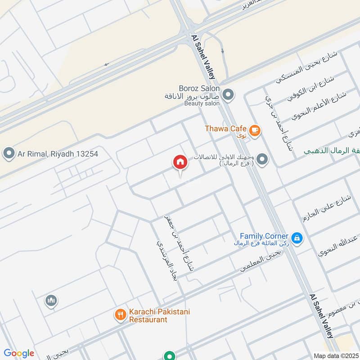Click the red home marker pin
pos(180,162)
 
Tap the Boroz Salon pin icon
pos(229,95)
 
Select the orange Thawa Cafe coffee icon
pos(255,130)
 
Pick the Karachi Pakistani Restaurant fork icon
pos(120,315)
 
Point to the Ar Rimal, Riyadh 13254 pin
pos(9,154)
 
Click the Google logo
pos(19,353)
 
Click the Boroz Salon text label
pos(198,88)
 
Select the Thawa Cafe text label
pos(225,129)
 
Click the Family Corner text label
pos(264,236)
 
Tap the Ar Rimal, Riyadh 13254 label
pos(58,154)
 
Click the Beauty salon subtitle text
pos(202,103)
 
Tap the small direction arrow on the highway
pos(106,64)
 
